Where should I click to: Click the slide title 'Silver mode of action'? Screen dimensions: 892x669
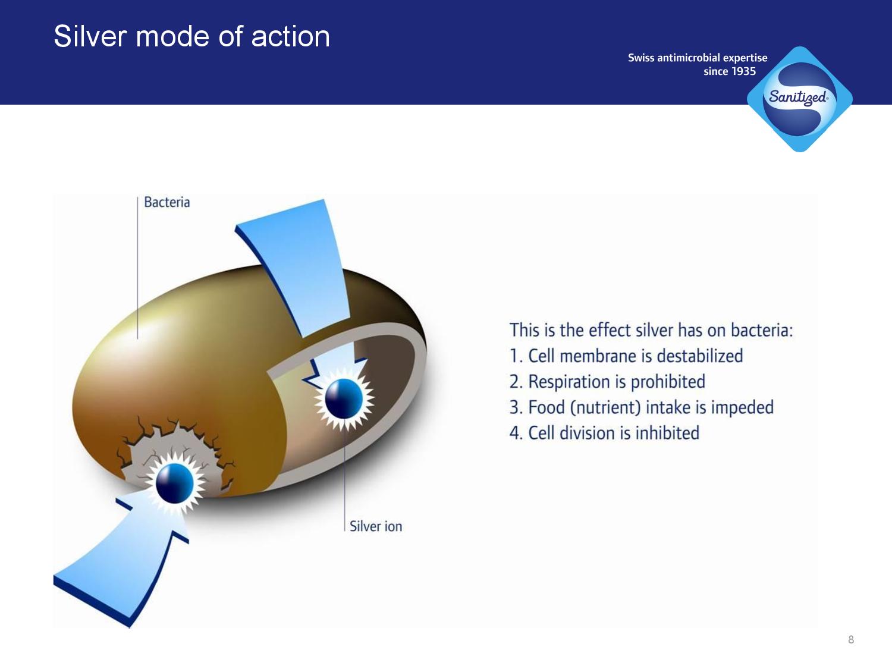pos(191,36)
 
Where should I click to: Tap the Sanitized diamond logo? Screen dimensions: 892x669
pos(800,99)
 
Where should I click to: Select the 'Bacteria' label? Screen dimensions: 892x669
pos(167,202)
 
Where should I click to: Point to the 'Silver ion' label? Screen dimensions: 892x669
pos(376,526)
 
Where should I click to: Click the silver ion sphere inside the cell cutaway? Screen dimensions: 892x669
pos(344,398)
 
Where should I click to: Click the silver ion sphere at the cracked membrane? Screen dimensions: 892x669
pos(175,483)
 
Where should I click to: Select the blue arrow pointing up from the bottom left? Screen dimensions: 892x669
pos(122,569)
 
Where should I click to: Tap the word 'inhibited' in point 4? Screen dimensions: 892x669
pos(667,433)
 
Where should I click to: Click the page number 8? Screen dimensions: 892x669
pos(851,640)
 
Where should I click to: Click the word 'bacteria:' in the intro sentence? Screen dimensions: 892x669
pos(762,330)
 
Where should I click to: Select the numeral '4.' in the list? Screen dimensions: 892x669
pos(516,433)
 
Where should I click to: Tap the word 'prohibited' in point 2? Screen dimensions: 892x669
pos(668,382)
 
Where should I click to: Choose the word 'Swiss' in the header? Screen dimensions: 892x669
pos(641,58)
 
